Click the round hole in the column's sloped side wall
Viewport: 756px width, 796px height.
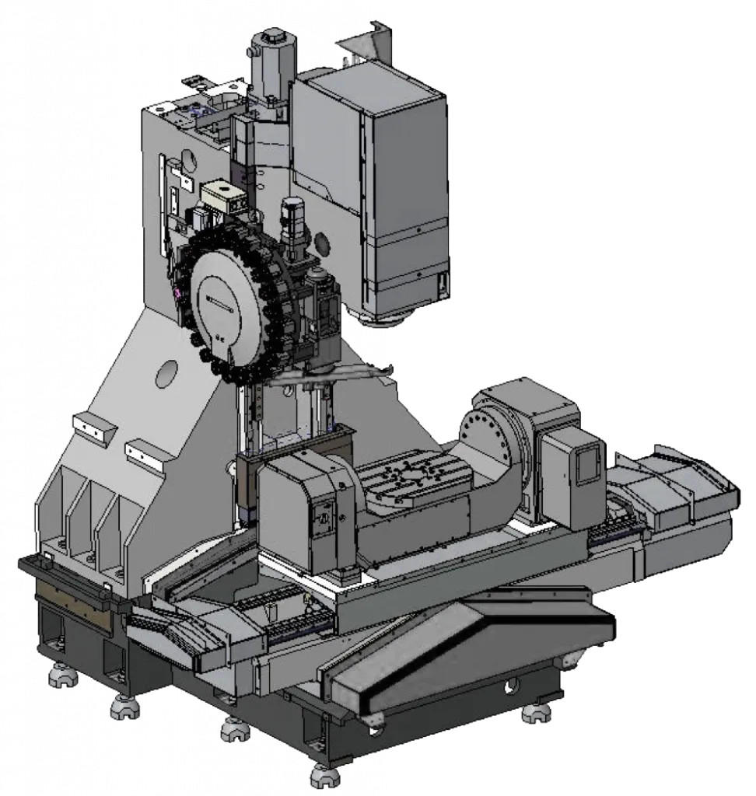click(x=166, y=375)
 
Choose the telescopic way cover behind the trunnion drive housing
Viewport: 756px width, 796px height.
click(x=677, y=486)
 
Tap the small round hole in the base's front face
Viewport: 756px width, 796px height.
click(x=510, y=686)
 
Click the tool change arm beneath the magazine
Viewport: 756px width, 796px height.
click(x=342, y=375)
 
